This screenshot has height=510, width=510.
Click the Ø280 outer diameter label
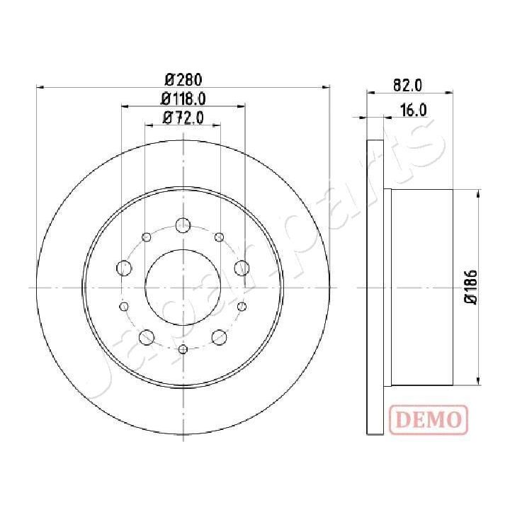[x=183, y=79]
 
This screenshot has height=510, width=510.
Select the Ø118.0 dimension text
[x=183, y=98]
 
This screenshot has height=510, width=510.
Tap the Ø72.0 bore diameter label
[x=183, y=118]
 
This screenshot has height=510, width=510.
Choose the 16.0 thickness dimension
[x=412, y=110]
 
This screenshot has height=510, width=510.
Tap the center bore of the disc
[x=183, y=287]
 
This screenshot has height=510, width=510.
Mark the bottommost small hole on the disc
[x=183, y=349]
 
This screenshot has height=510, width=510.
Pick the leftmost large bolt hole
[x=125, y=268]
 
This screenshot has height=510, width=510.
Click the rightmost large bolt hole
[x=242, y=268]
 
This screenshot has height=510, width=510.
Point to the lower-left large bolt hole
[x=147, y=337]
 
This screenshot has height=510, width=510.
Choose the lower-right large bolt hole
[x=220, y=337]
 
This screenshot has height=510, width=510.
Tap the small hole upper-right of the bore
[x=219, y=237]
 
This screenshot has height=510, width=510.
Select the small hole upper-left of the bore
[x=147, y=237]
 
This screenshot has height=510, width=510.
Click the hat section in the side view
[x=421, y=287]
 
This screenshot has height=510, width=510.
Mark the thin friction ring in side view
[x=374, y=287]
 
